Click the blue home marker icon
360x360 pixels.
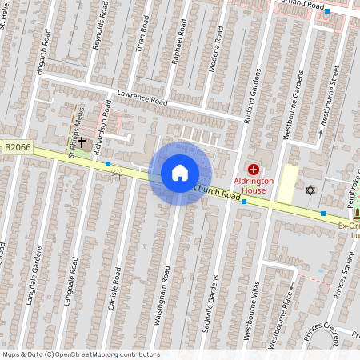(180, 173)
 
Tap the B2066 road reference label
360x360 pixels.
(17, 147)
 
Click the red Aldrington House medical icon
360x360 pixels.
(254, 169)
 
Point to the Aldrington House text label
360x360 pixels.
(254, 186)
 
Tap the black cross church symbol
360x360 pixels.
(81, 142)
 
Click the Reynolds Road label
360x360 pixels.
(99, 32)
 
